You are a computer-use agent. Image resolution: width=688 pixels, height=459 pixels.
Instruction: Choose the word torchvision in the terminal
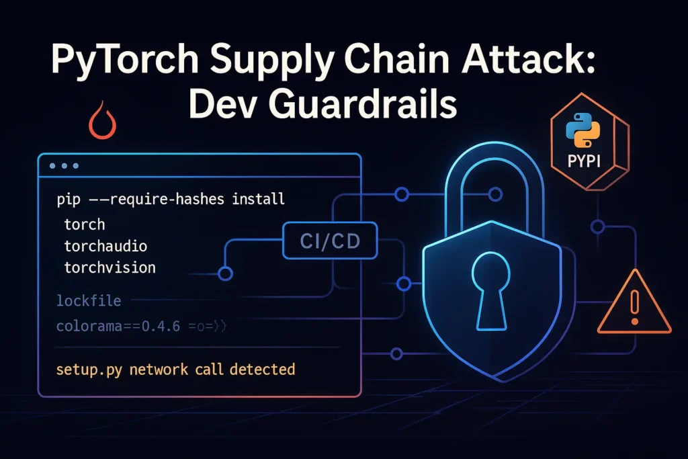(110, 267)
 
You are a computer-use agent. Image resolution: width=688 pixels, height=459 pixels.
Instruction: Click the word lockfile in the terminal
(89, 300)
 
